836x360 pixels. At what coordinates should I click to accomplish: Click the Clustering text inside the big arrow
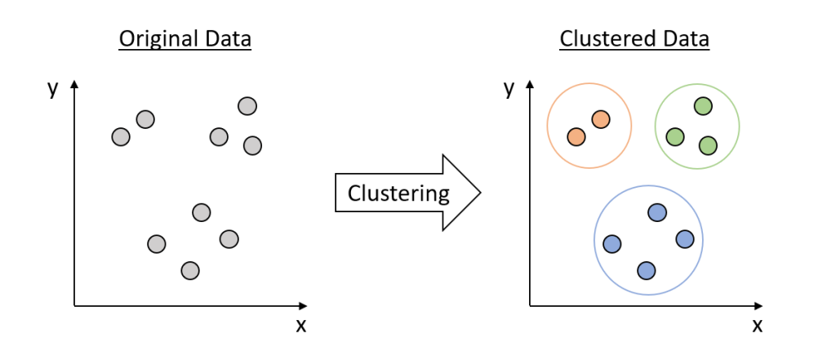tap(398, 193)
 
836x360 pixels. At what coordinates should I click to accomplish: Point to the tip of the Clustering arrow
tap(480, 193)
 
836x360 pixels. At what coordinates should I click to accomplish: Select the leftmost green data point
tap(675, 137)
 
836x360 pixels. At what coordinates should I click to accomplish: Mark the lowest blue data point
tap(646, 270)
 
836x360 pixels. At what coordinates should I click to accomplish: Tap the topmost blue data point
tap(657, 212)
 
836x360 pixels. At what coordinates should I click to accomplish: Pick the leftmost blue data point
tap(612, 243)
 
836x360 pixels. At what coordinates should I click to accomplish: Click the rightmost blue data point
tap(685, 238)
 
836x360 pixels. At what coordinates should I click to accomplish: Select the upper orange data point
tap(601, 119)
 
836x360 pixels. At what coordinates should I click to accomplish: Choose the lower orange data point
tap(576, 136)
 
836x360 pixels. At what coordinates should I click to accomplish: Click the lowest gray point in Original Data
tap(190, 270)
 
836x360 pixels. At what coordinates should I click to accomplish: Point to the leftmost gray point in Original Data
tap(121, 136)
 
